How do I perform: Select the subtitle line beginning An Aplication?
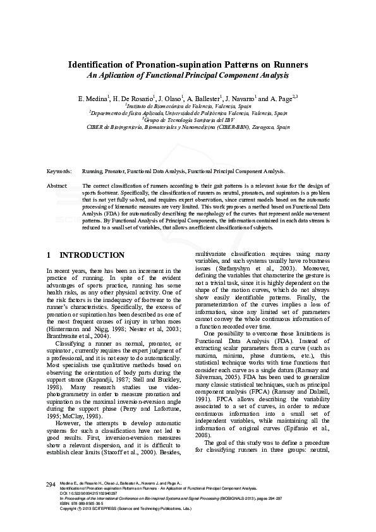point(188,75)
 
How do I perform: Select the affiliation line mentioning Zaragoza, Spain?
point(188,126)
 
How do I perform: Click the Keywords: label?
point(59,171)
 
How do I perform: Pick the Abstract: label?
point(58,186)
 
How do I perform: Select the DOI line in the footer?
point(87,493)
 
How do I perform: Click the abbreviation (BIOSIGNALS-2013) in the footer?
point(252,499)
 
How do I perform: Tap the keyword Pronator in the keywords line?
point(115,171)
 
